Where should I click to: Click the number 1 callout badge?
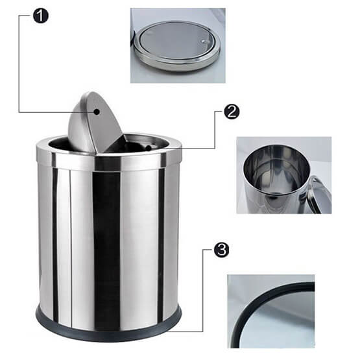point(41,16)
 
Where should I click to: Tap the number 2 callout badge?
point(232,112)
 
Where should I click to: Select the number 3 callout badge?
point(222,250)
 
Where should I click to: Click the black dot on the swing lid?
point(97,112)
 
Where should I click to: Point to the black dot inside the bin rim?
point(149,148)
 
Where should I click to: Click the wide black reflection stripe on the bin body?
point(106,250)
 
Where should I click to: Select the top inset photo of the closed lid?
point(178,45)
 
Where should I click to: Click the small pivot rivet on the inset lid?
point(203,42)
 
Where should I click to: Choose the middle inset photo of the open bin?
point(284,175)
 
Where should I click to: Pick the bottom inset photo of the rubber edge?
point(271,311)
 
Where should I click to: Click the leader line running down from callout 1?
point(19,64)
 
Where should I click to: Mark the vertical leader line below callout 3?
point(203,291)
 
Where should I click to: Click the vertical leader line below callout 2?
point(215,130)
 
